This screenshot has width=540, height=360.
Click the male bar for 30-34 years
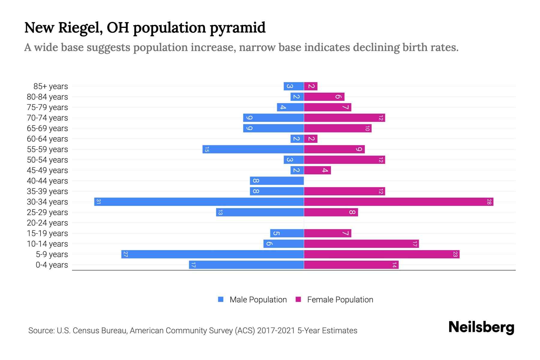click(x=199, y=202)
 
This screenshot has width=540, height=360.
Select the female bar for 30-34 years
click(x=398, y=202)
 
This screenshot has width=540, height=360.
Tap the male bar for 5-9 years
click(x=212, y=254)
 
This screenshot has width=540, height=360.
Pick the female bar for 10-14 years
click(x=361, y=244)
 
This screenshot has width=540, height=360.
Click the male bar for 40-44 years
click(x=277, y=181)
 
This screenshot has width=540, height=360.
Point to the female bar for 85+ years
click(x=310, y=86)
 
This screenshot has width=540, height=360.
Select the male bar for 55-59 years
click(x=253, y=149)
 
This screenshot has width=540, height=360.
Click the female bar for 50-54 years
click(x=344, y=160)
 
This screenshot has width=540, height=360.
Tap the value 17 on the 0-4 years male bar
click(x=193, y=265)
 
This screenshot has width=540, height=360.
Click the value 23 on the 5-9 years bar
click(x=455, y=254)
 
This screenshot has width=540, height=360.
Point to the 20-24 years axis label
click(x=47, y=223)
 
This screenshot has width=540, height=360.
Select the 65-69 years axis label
click(x=47, y=128)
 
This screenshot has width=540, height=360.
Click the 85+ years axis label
click(x=51, y=86)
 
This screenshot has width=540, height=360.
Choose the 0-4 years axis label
click(x=52, y=265)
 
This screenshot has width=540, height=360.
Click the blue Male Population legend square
click(x=221, y=299)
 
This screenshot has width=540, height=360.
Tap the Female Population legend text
click(x=340, y=299)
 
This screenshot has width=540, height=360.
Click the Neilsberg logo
click(x=481, y=327)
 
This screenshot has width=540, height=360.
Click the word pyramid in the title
click(x=237, y=28)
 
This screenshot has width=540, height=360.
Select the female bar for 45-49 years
click(x=317, y=170)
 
